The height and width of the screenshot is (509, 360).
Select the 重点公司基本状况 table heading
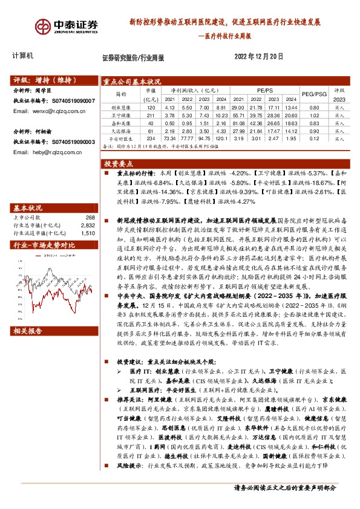131,81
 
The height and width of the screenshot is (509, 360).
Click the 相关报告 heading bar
28,331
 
